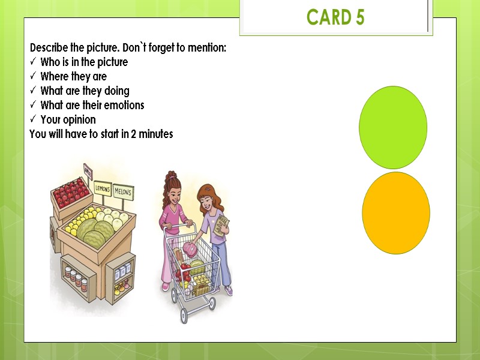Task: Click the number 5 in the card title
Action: point(359,18)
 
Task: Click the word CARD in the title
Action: point(328,18)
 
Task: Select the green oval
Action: point(393,127)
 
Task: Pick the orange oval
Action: point(396,213)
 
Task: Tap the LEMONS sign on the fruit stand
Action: point(103,188)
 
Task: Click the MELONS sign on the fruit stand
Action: point(122,192)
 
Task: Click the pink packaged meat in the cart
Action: point(190,248)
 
